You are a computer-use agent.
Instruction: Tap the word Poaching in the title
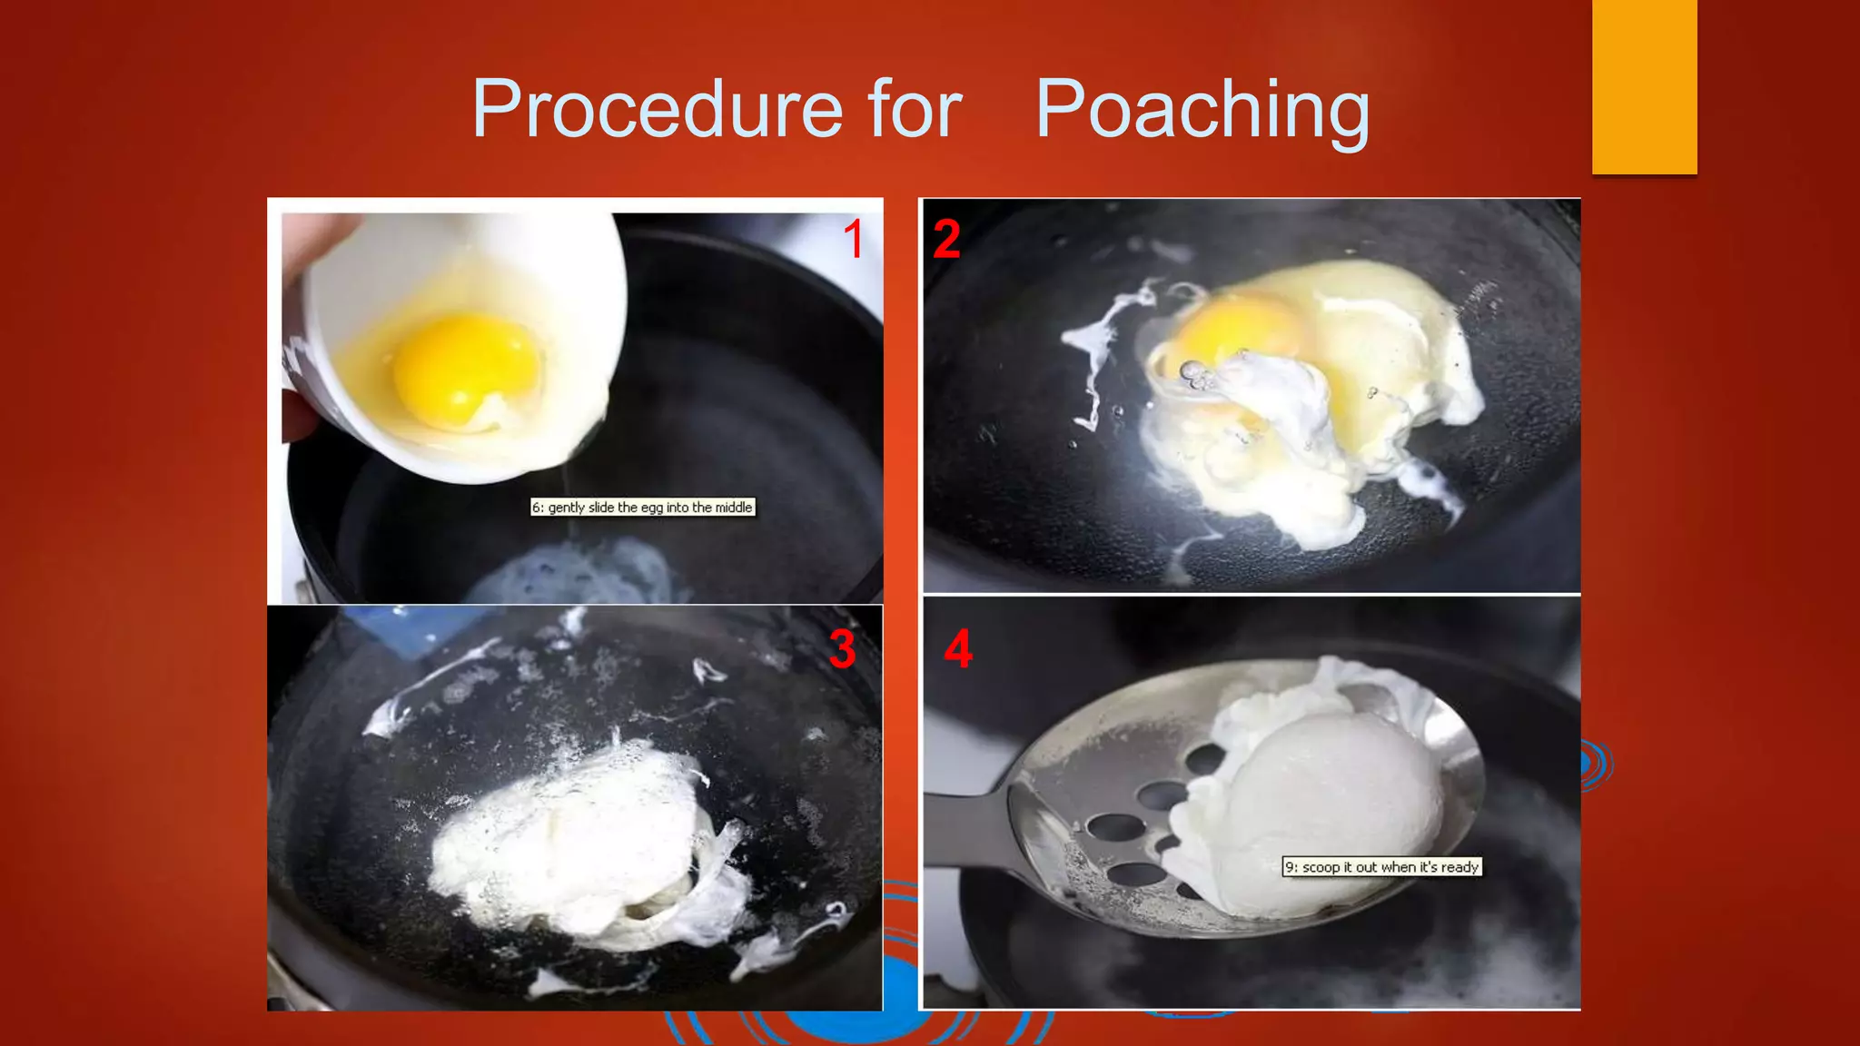tap(1202, 110)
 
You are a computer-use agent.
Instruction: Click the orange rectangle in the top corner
tap(1644, 86)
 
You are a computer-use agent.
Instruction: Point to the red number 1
tap(853, 240)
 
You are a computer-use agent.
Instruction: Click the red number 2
tap(946, 240)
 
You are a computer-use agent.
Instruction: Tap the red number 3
tap(842, 650)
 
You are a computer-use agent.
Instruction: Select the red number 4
tap(958, 650)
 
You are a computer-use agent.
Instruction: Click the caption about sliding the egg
tap(642, 508)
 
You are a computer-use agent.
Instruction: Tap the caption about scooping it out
tap(1381, 867)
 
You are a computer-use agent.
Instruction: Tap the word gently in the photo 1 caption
tap(566, 508)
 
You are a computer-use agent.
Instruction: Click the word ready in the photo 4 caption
tap(1459, 867)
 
